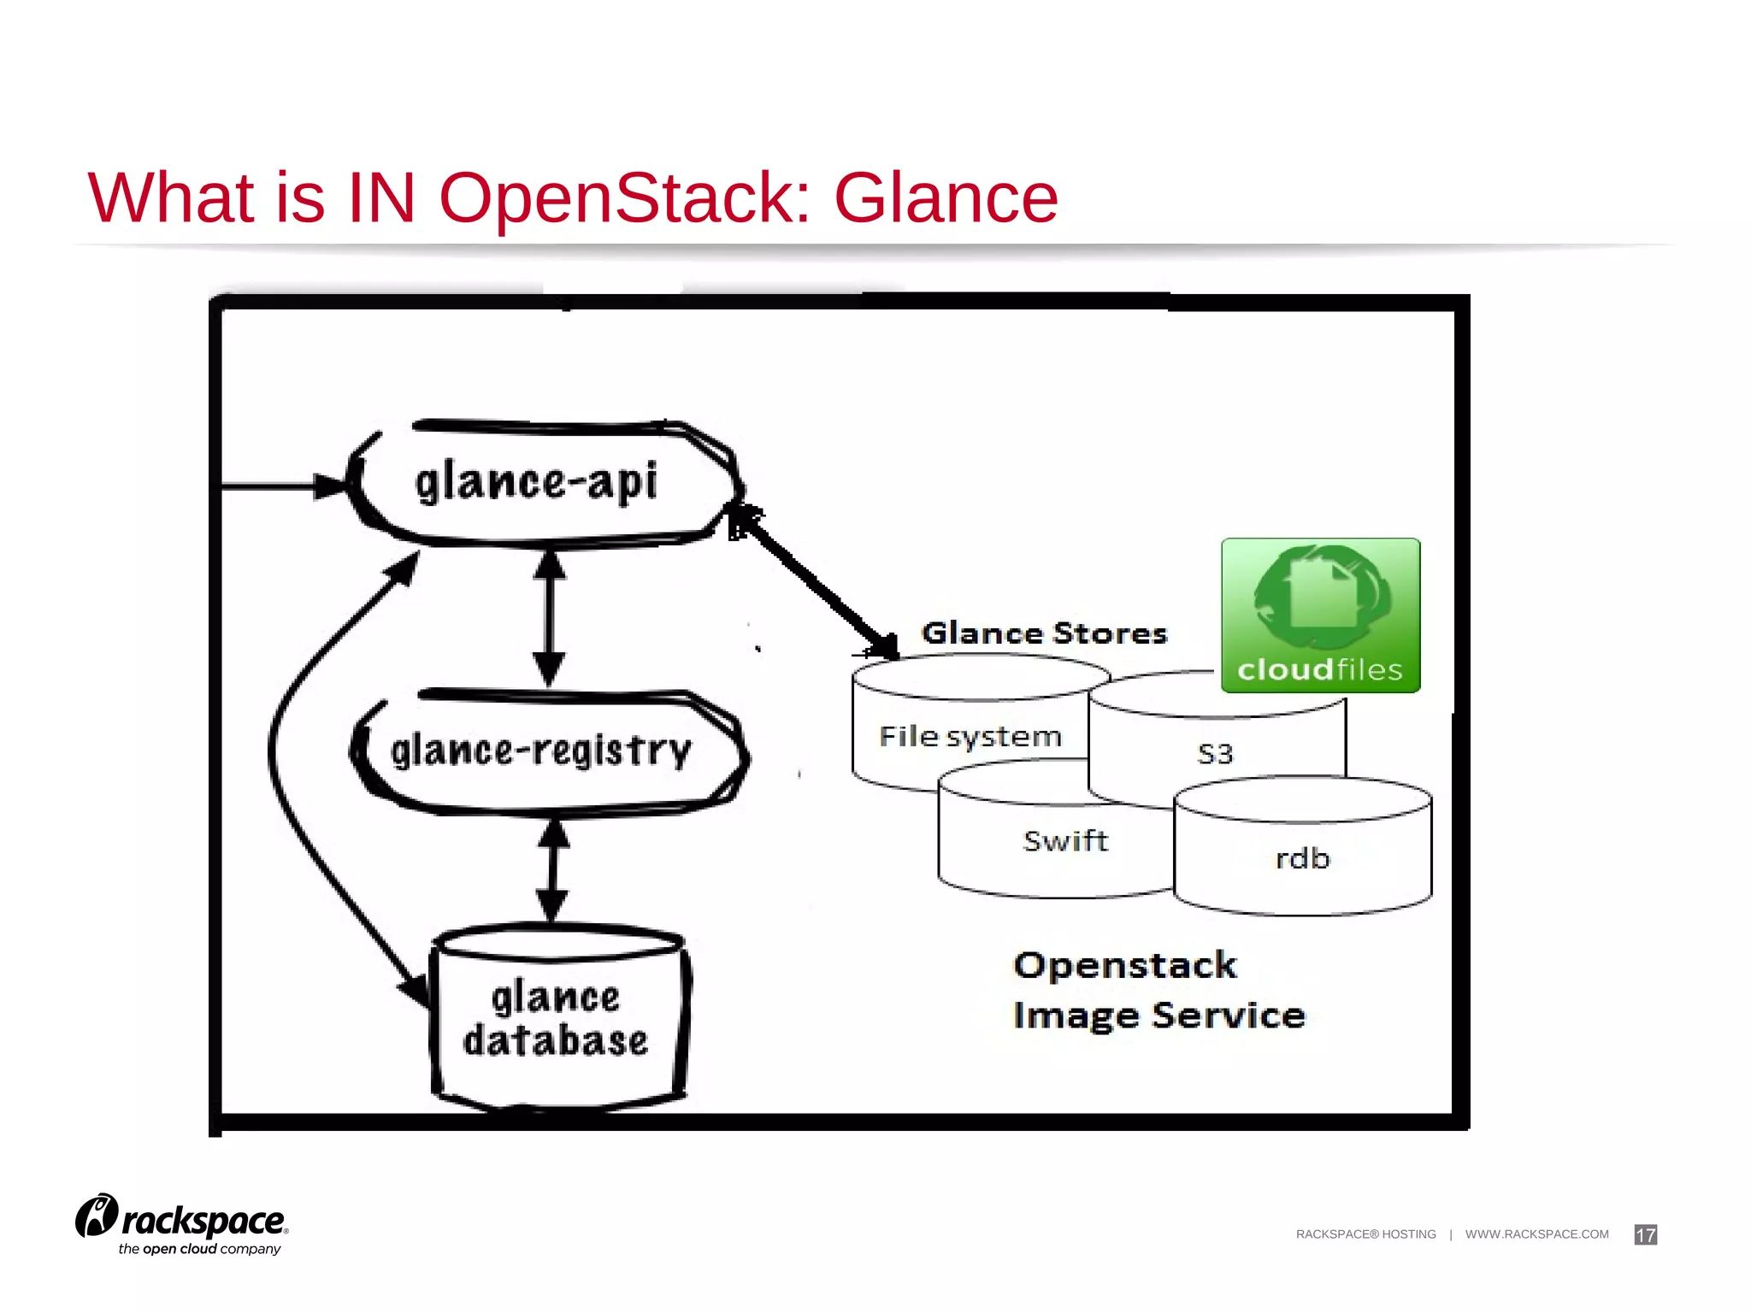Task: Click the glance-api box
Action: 539,483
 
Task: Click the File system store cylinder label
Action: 970,737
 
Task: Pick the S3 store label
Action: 1215,754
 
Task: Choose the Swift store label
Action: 1065,841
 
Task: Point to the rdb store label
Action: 1302,858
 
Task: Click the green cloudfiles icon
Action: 1320,615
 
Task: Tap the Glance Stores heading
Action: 1044,633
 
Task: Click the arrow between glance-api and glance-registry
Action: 549,617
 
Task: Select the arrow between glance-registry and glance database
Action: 553,870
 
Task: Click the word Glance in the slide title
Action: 946,198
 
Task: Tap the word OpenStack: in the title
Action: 624,198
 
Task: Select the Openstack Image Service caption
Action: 1158,991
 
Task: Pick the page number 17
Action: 1645,1234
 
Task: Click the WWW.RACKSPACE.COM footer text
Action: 1536,1234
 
